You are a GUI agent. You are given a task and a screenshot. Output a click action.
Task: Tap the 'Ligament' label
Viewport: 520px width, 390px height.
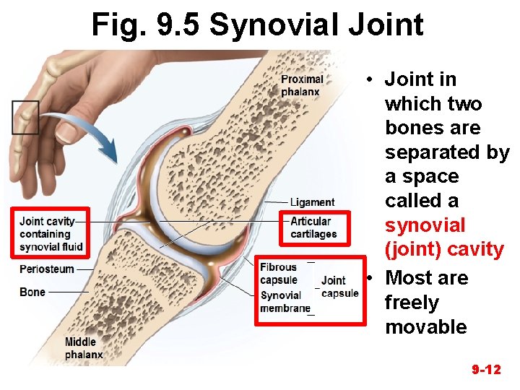tap(312, 202)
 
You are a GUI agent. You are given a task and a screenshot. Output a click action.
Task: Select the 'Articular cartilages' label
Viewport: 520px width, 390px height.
tap(313, 227)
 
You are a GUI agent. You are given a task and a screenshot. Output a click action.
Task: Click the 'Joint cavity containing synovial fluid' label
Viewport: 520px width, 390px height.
tap(51, 234)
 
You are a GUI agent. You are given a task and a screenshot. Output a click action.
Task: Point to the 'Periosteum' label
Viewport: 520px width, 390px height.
tap(47, 269)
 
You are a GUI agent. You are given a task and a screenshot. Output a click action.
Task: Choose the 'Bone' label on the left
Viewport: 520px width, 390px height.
tap(32, 292)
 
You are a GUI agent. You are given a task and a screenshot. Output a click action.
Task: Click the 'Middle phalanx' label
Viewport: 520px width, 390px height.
tap(84, 348)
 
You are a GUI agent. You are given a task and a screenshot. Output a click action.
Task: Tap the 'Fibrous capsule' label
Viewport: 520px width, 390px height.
tap(279, 274)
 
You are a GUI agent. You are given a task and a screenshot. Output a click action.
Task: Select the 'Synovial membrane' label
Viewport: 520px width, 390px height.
tap(285, 302)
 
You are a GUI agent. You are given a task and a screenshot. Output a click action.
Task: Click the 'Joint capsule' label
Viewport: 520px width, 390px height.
tap(339, 287)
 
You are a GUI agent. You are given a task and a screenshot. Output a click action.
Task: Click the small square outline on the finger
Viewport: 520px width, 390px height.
tap(26, 117)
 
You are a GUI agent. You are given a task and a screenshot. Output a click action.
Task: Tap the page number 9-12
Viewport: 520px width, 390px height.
tap(486, 370)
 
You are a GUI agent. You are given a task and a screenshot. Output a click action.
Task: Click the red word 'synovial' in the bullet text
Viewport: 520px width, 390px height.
tap(425, 225)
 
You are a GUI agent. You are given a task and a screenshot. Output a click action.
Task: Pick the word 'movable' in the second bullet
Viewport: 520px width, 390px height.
tap(426, 326)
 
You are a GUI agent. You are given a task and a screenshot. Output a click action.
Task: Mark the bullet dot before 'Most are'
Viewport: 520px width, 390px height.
tap(368, 279)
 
